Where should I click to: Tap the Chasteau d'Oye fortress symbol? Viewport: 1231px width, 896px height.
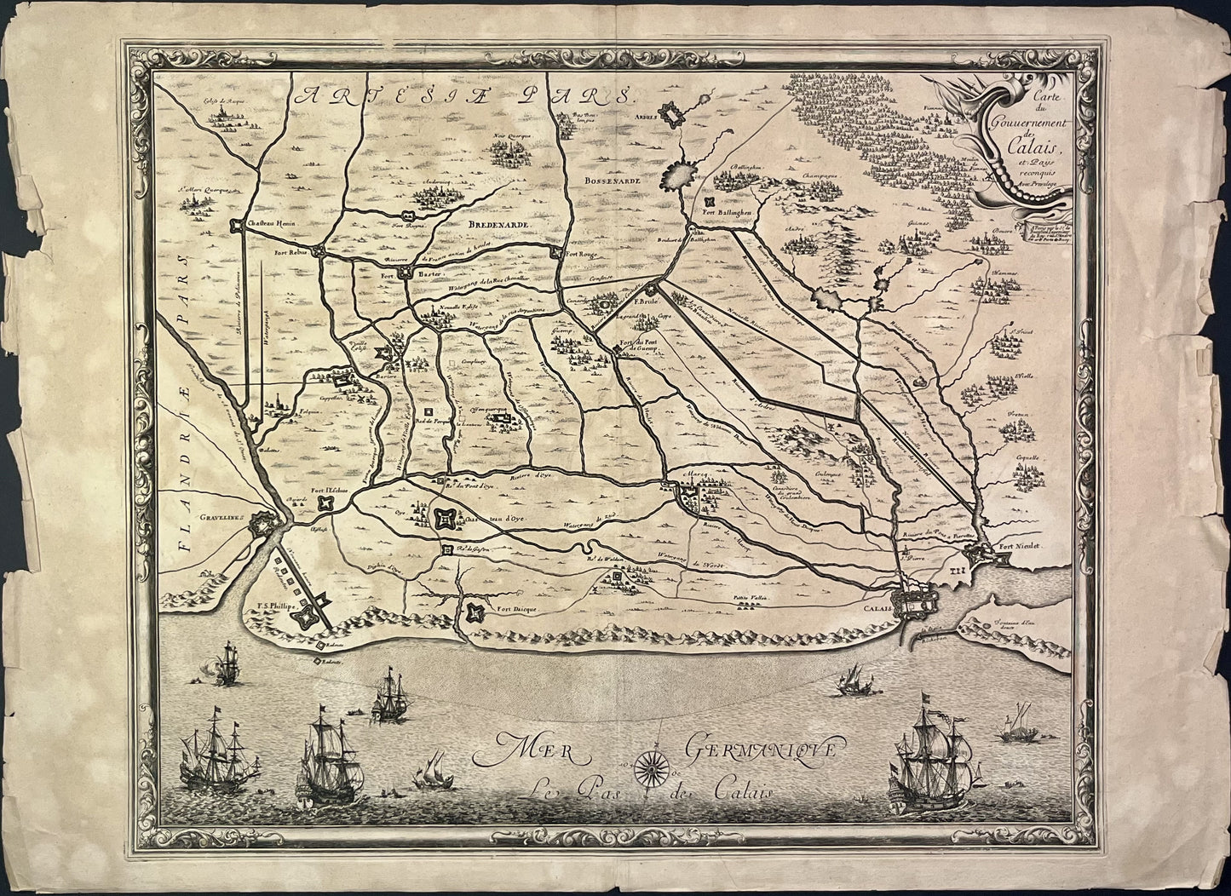[445, 517]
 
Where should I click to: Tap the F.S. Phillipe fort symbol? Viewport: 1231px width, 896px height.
[302, 619]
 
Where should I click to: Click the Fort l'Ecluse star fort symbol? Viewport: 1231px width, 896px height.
[324, 504]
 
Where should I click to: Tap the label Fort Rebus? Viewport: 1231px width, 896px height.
[290, 252]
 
